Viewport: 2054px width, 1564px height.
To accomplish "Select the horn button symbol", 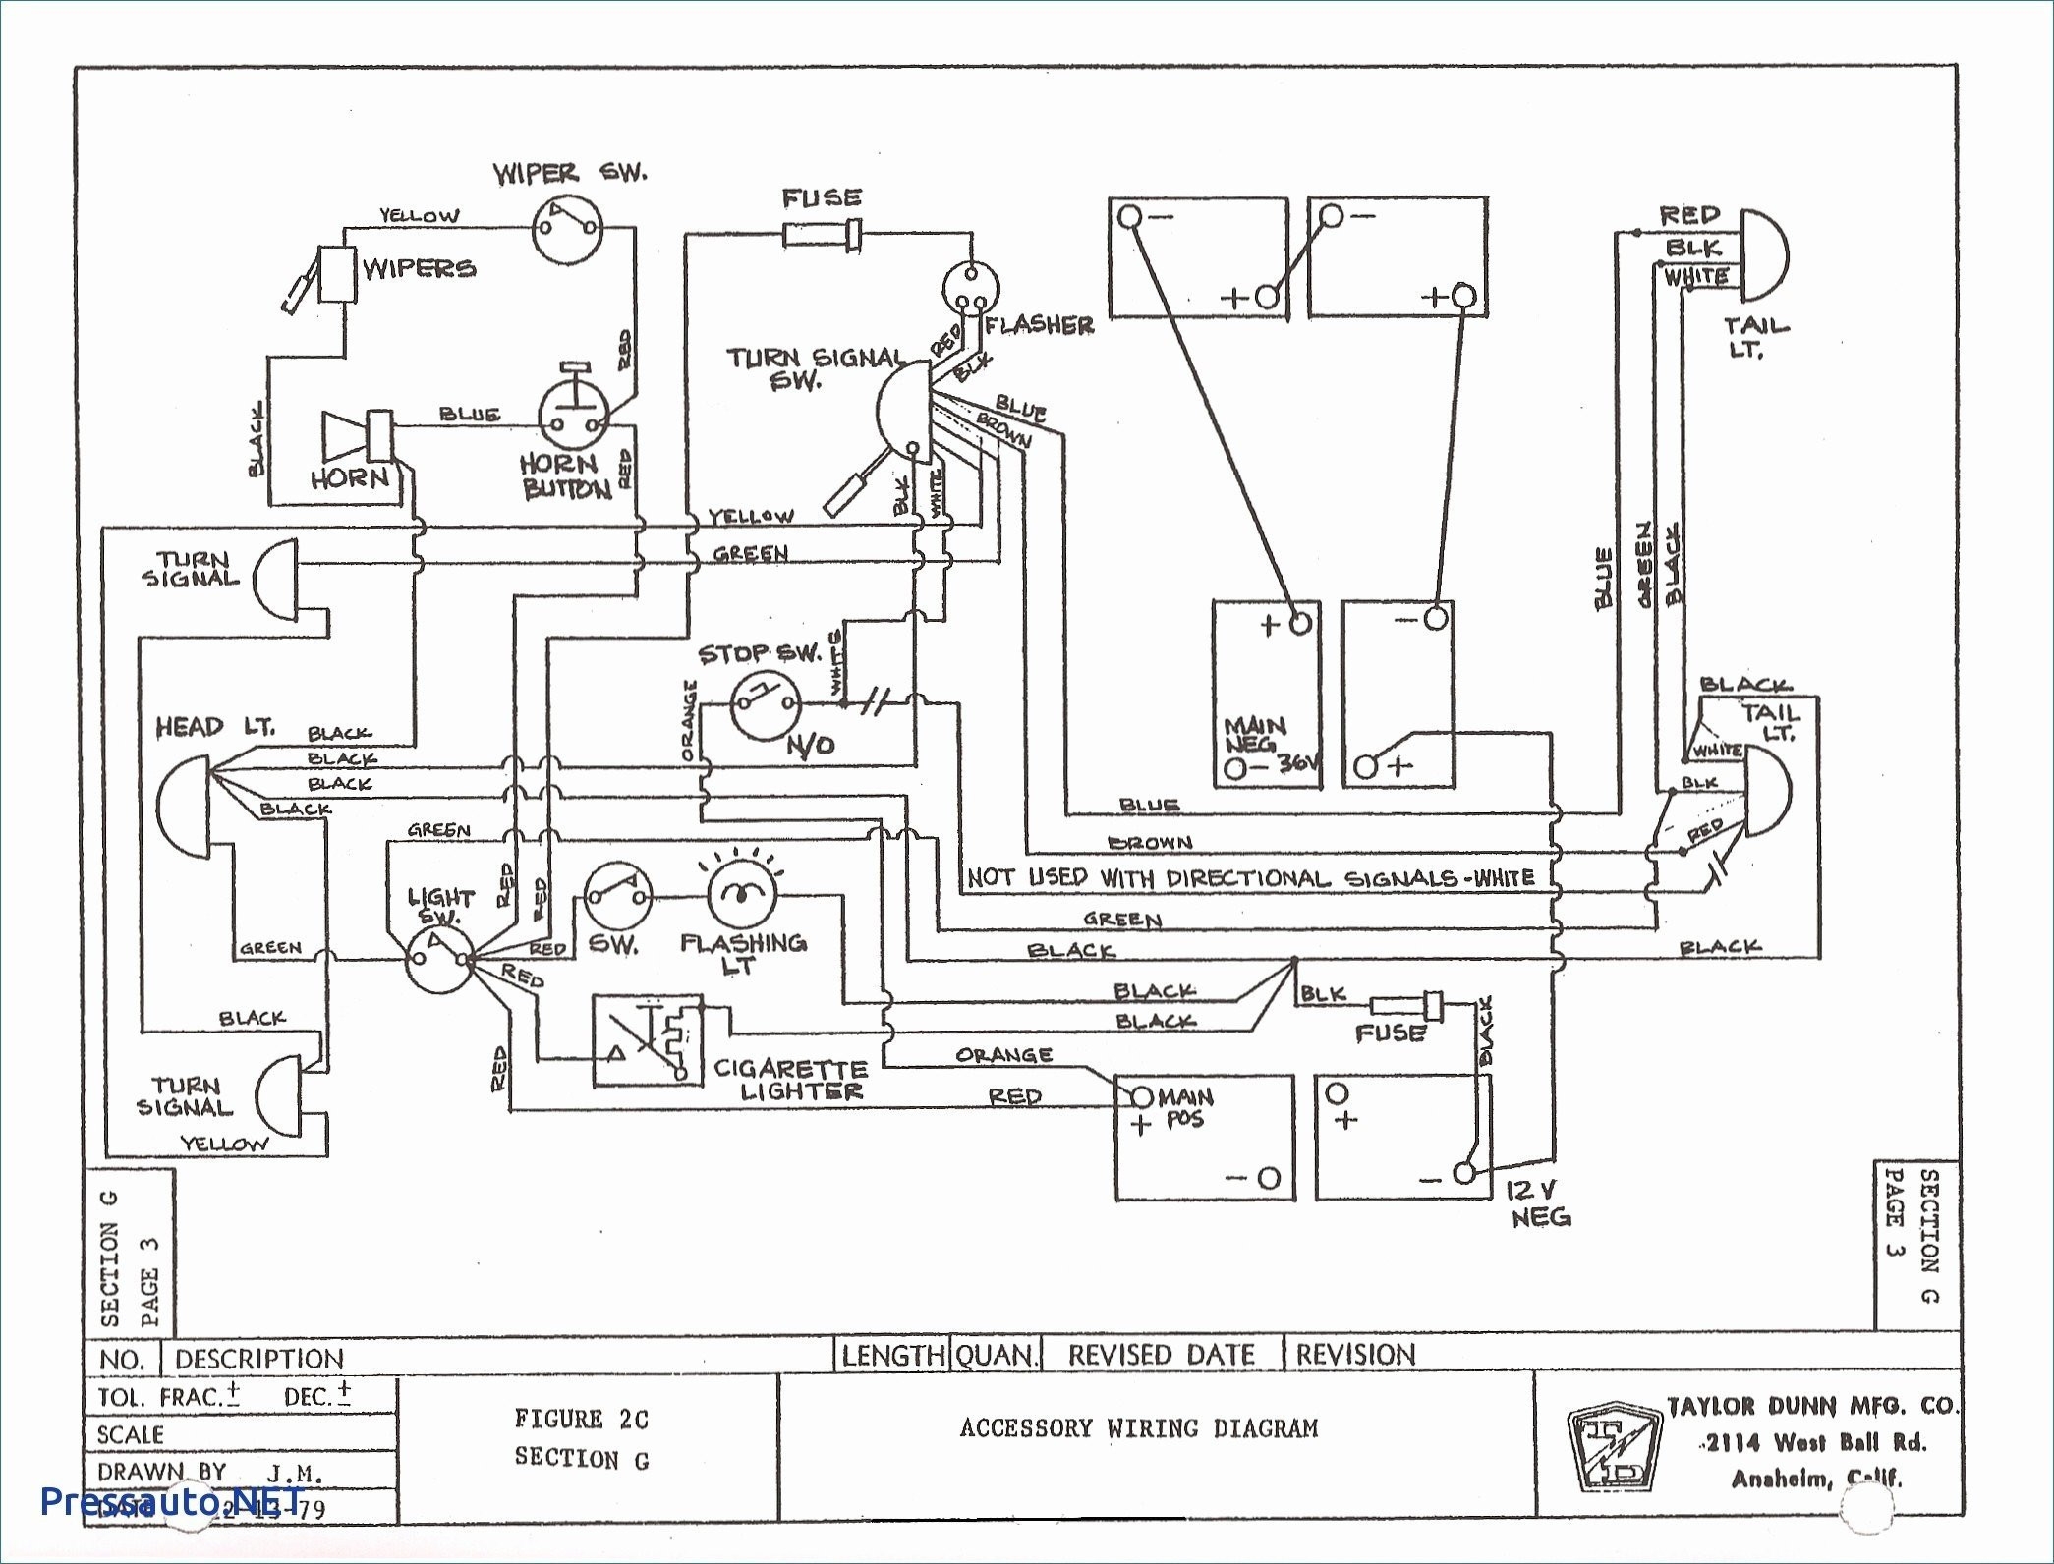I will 574,417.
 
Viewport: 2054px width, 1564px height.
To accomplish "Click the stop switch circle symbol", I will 765,703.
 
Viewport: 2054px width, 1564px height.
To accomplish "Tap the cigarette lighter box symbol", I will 648,1039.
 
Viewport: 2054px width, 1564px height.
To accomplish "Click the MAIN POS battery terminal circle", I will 1142,1095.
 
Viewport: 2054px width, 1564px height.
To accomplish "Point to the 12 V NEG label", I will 1538,1203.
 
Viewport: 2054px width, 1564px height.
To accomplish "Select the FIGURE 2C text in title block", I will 581,1418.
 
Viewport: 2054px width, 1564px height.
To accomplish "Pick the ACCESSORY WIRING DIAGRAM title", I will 1139,1427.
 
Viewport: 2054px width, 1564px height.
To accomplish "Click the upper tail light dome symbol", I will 1764,254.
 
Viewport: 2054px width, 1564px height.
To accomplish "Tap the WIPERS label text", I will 419,268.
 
